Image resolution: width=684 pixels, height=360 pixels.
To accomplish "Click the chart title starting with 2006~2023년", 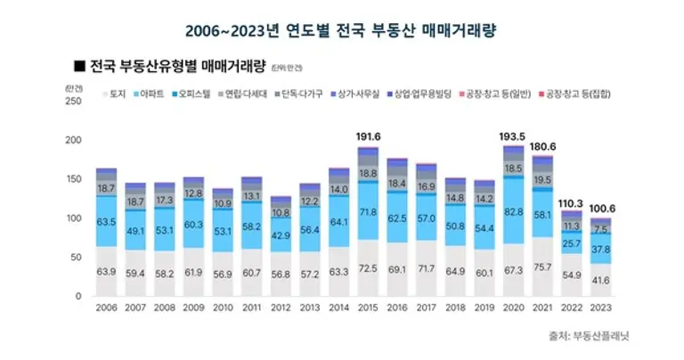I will (341, 30).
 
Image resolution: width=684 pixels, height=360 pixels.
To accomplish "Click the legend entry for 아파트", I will (151, 93).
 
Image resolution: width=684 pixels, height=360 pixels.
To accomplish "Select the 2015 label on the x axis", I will (367, 309).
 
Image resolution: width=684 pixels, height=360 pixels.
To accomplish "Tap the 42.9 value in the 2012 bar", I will (281, 234).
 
